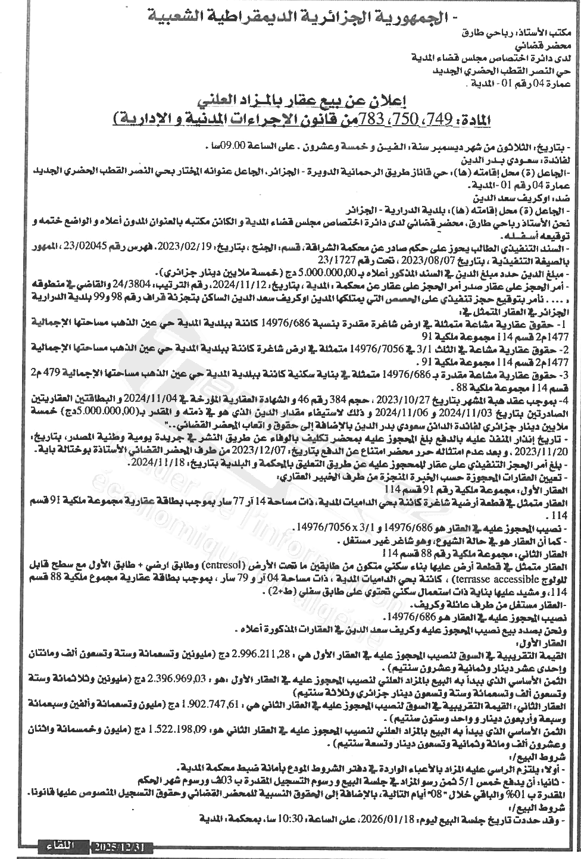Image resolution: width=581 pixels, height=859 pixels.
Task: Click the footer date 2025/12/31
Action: pyautogui.click(x=122, y=846)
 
